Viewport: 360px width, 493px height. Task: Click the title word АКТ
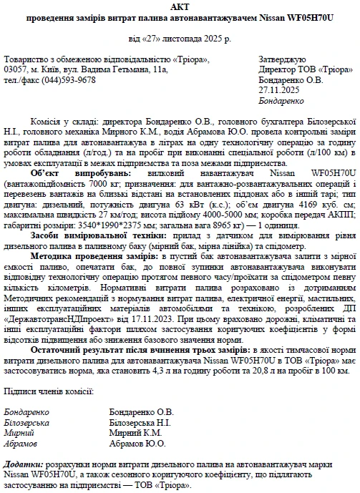[180, 7]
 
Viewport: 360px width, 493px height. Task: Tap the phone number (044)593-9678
[71, 80]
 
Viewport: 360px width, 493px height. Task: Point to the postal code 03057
[15, 70]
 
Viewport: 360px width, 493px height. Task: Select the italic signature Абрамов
[20, 444]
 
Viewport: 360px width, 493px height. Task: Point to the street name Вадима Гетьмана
[122, 70]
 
